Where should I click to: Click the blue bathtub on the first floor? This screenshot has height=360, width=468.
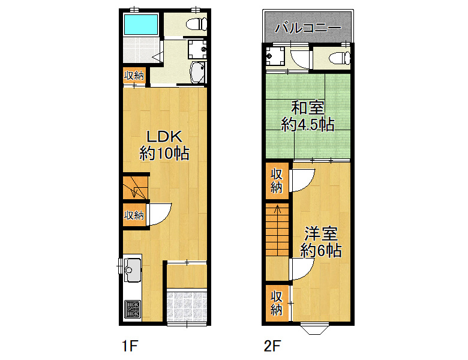[x=140, y=25]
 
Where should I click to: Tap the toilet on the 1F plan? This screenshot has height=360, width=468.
[x=196, y=24]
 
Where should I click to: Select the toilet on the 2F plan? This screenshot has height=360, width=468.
[x=340, y=58]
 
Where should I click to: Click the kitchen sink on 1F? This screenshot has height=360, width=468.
[x=133, y=269]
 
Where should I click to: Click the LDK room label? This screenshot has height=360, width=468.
[x=164, y=137]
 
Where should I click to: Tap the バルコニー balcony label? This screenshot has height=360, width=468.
[x=308, y=28]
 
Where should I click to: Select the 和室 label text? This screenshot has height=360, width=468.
[x=308, y=108]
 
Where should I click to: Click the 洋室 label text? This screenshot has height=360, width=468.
[x=321, y=234]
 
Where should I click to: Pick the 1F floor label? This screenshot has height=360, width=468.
[x=130, y=346]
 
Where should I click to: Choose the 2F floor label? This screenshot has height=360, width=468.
[x=272, y=346]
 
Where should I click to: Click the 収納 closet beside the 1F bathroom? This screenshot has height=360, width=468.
[x=134, y=76]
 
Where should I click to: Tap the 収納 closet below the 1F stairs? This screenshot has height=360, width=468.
[x=134, y=215]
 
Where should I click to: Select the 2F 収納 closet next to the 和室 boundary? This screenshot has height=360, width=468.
[x=277, y=181]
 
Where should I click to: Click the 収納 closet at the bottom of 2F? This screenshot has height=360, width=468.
[x=277, y=303]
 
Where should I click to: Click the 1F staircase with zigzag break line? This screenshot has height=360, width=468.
[x=136, y=188]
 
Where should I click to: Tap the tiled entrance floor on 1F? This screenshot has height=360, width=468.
[x=187, y=305]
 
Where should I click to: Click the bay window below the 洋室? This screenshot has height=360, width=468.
[x=315, y=328]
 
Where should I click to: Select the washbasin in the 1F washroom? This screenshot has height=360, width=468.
[x=197, y=72]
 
